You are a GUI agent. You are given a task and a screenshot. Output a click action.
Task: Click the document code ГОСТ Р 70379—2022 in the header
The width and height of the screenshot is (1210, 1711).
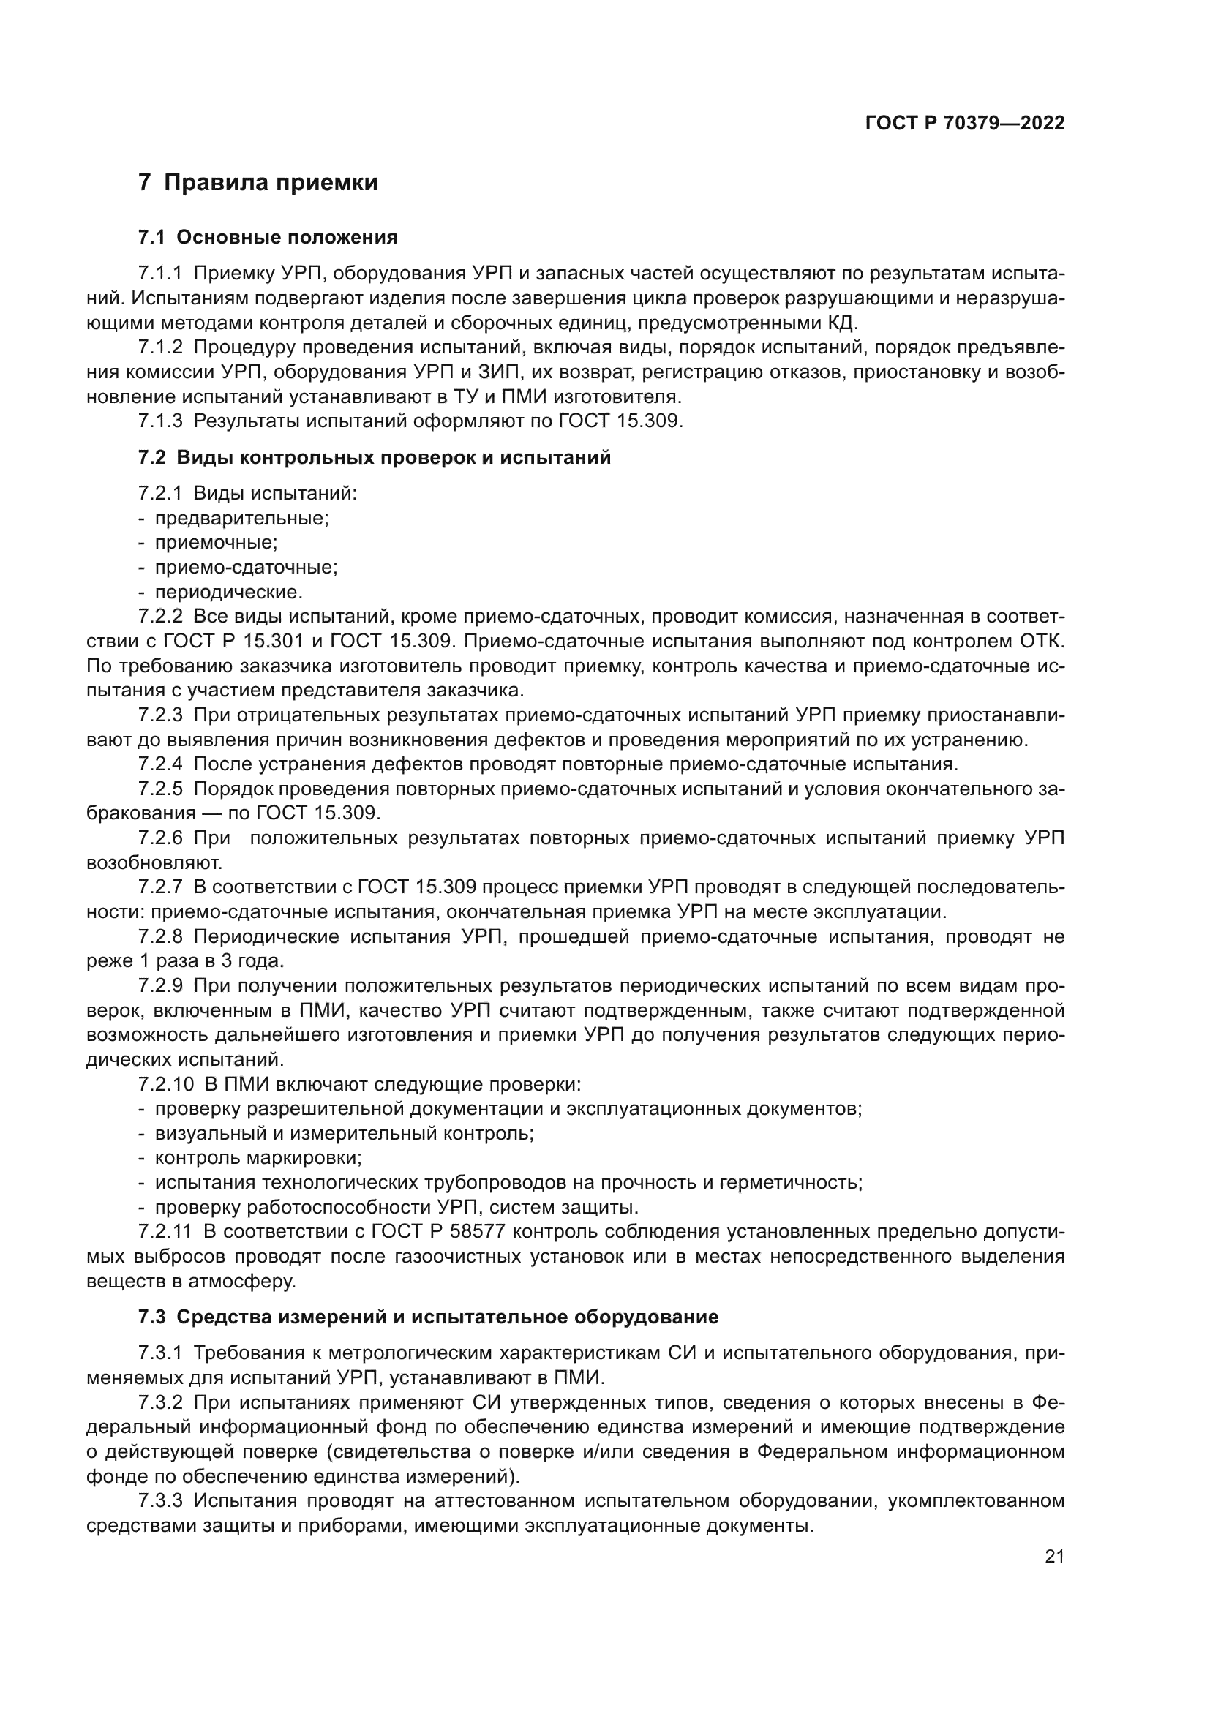click(x=964, y=124)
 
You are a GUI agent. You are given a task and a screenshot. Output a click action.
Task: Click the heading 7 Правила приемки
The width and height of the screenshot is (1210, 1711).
click(x=258, y=183)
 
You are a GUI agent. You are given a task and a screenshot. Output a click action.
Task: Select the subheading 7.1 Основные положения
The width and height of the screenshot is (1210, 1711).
click(x=268, y=238)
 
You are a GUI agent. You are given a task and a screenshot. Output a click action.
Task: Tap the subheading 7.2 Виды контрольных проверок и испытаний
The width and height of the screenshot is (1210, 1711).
click(x=374, y=457)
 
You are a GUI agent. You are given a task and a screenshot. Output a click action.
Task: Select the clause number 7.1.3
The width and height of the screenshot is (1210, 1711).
click(x=159, y=421)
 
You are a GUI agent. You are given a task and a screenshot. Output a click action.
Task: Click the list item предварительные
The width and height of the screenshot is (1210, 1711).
click(x=241, y=518)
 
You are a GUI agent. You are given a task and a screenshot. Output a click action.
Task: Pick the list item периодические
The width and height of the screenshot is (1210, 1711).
click(x=229, y=593)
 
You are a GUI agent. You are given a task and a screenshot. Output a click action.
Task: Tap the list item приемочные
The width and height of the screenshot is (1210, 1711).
click(x=216, y=543)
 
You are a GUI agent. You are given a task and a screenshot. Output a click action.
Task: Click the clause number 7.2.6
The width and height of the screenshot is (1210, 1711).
click(x=159, y=838)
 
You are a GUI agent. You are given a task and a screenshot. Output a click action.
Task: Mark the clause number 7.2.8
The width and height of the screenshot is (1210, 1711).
click(x=159, y=937)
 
